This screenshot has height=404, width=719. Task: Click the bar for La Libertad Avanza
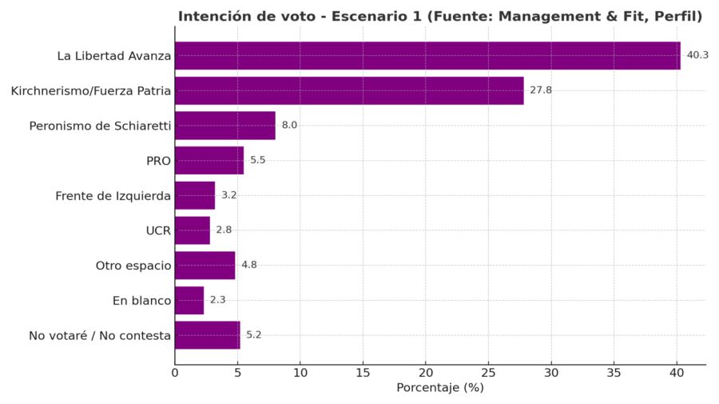click(427, 56)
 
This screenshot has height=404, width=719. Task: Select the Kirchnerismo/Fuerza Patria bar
click(349, 90)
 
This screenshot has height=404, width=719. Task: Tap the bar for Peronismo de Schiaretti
click(224, 126)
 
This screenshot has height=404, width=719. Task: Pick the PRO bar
click(209, 160)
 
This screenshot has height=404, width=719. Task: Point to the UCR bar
click(193, 230)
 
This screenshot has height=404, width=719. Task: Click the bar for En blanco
click(189, 300)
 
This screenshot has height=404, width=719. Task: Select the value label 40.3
click(697, 55)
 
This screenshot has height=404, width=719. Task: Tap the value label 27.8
click(541, 90)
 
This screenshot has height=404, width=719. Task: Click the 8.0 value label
click(289, 126)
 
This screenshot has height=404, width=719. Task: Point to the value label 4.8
click(249, 265)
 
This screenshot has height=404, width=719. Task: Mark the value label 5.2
click(254, 335)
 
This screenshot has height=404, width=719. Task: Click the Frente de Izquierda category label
click(113, 195)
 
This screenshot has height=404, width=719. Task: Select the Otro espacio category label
click(133, 266)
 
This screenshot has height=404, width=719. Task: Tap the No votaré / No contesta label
click(100, 336)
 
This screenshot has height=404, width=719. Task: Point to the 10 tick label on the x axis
click(300, 373)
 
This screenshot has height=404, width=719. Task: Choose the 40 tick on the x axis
click(677, 373)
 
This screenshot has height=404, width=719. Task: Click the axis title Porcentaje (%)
click(440, 388)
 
